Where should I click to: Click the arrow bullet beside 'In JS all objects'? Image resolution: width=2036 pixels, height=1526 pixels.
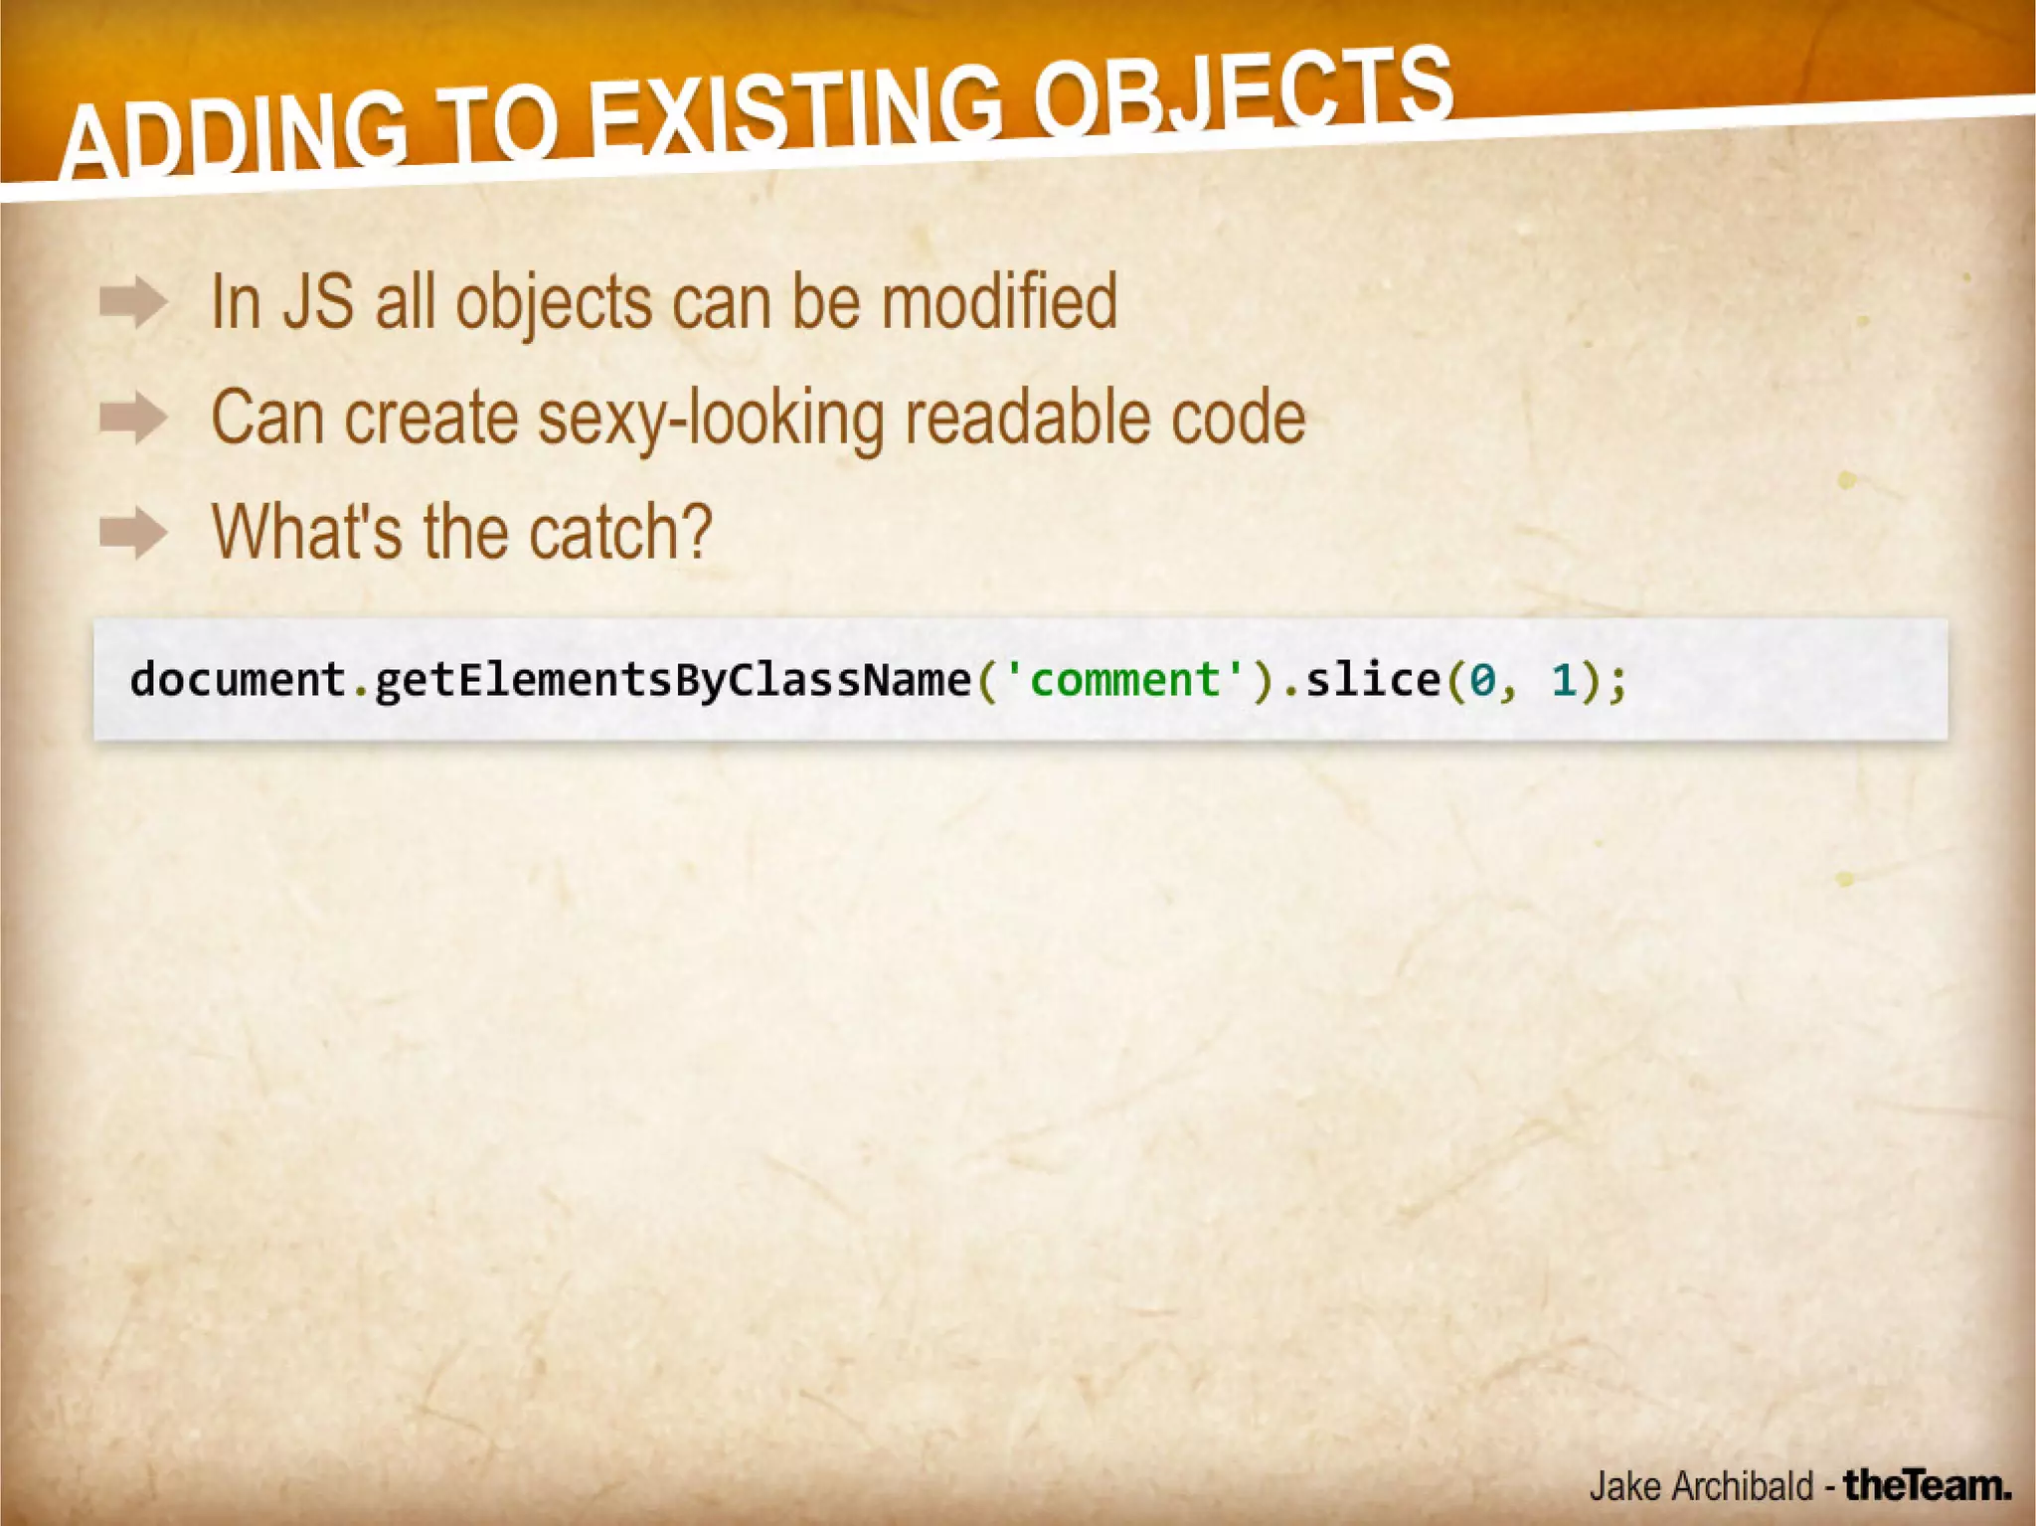[x=133, y=301]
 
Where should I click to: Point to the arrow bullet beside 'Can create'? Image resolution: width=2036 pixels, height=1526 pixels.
[x=133, y=417]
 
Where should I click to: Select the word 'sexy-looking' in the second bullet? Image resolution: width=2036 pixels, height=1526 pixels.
[x=711, y=418]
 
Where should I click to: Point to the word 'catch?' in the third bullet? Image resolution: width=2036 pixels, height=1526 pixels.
[x=620, y=532]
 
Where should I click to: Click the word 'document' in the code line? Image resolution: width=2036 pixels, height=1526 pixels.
[x=237, y=680]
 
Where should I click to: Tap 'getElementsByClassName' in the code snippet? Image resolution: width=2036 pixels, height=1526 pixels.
[x=672, y=680]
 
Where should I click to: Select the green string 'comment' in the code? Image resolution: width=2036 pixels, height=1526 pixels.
[x=1124, y=680]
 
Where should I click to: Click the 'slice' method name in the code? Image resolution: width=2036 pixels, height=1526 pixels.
[x=1372, y=680]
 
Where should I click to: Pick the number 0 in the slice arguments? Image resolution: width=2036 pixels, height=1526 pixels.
[x=1482, y=681]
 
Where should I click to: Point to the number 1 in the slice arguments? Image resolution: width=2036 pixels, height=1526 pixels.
[x=1564, y=681]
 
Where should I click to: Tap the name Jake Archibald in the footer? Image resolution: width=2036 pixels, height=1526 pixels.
[x=1700, y=1486]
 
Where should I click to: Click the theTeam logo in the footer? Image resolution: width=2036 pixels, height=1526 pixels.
[x=1927, y=1485]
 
